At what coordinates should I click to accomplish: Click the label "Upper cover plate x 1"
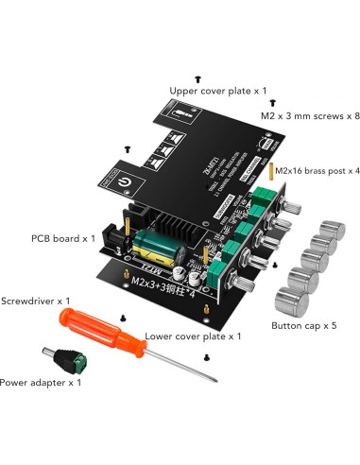pyautogui.click(x=217, y=91)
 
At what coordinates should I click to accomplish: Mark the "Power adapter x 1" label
pyautogui.click(x=41, y=383)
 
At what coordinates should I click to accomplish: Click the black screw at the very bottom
pyautogui.click(x=207, y=357)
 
